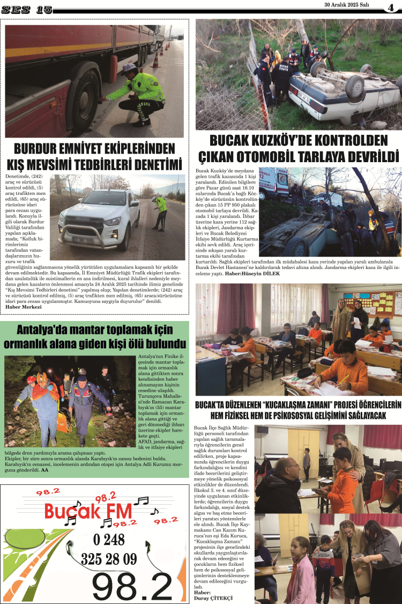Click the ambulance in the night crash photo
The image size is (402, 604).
coord(274,182)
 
